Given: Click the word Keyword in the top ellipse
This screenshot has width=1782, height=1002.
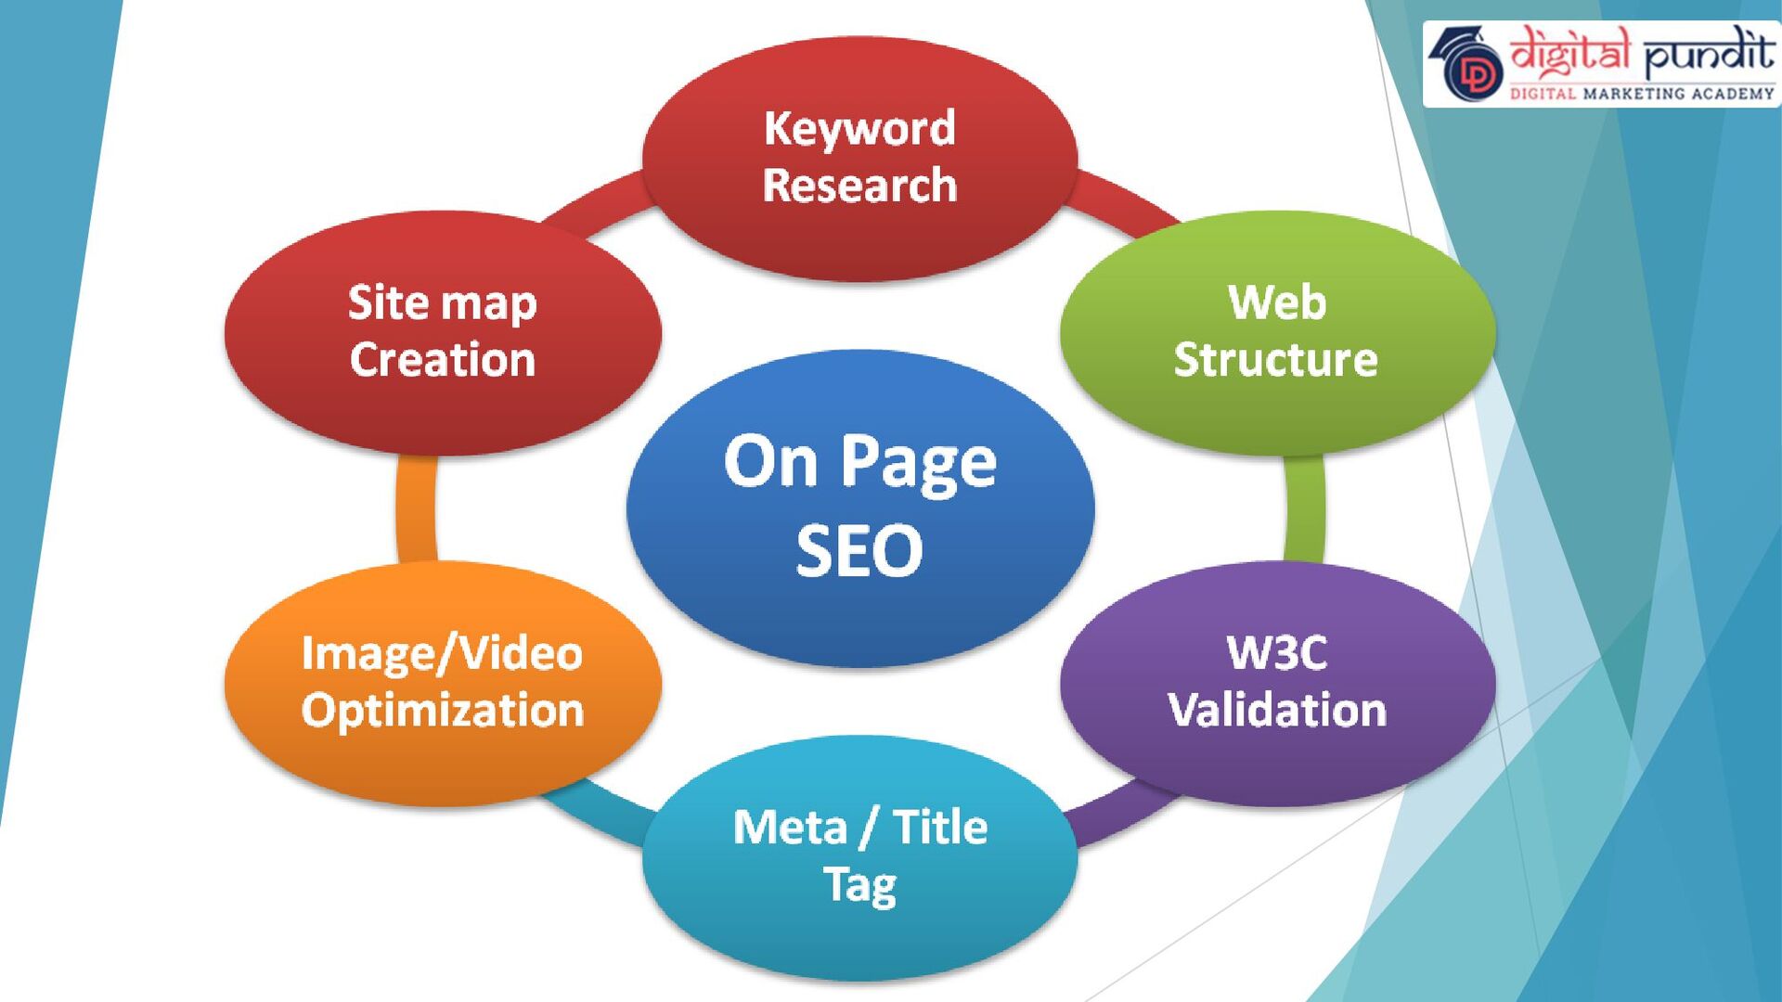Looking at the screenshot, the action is tap(859, 129).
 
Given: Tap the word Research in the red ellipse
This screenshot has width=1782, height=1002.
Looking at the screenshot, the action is tap(859, 186).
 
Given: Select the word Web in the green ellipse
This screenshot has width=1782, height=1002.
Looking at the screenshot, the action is tap(1277, 303).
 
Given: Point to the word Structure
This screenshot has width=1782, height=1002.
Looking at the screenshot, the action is tap(1276, 360).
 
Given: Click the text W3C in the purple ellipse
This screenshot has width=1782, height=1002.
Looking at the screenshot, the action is tap(1277, 653).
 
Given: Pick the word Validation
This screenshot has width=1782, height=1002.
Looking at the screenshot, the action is tap(1277, 711).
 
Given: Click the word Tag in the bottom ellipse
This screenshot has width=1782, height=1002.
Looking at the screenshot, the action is tap(859, 885).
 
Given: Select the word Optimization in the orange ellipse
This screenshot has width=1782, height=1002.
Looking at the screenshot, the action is tap(443, 711).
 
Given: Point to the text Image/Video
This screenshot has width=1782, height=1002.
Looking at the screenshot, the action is tap(443, 653).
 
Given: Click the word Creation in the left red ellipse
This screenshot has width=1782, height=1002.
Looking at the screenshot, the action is tap(443, 360).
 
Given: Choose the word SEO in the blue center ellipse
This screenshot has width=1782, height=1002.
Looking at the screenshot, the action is tap(859, 551).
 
